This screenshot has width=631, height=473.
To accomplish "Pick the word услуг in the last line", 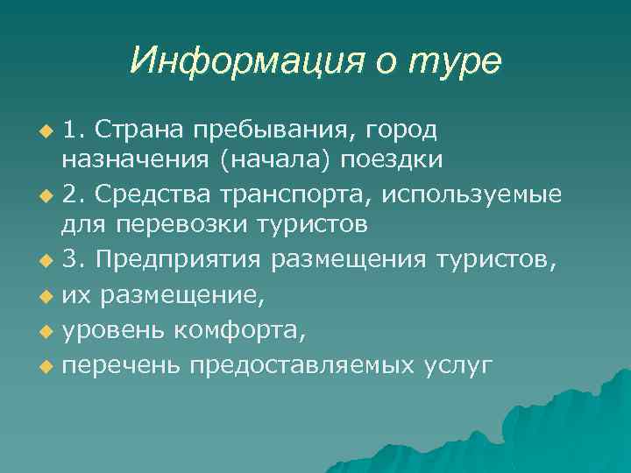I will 457,364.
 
